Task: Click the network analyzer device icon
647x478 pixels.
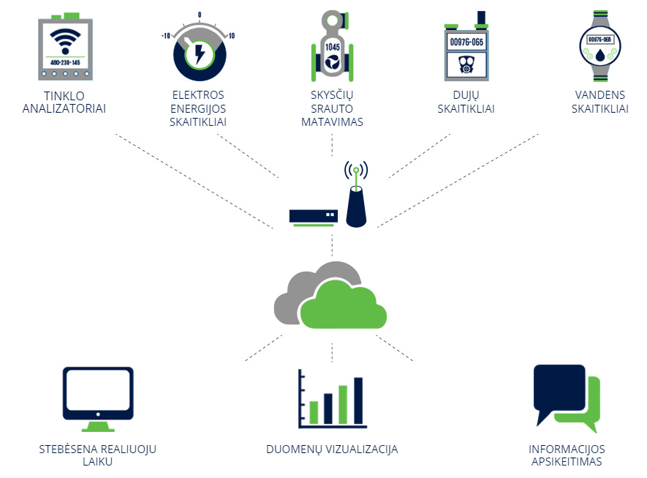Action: pyautogui.click(x=65, y=46)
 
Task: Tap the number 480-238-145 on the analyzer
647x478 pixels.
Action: pyautogui.click(x=65, y=62)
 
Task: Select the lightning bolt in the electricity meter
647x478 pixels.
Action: pyautogui.click(x=200, y=53)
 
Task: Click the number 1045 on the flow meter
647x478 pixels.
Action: pyautogui.click(x=332, y=47)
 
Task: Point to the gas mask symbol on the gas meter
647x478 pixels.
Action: pyautogui.click(x=466, y=64)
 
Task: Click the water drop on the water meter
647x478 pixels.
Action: pyautogui.click(x=600, y=54)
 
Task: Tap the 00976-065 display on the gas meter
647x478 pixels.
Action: pyautogui.click(x=466, y=42)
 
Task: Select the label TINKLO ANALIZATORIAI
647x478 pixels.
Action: pyautogui.click(x=64, y=102)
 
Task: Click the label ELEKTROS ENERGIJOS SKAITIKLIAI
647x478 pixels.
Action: pyautogui.click(x=198, y=108)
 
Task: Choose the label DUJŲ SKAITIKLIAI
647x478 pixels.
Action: pyautogui.click(x=466, y=102)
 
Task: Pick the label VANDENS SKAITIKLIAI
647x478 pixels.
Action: pyautogui.click(x=600, y=102)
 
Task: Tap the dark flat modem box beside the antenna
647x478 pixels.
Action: pyautogui.click(x=314, y=216)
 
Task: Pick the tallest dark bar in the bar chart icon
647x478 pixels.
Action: pyautogui.click(x=358, y=400)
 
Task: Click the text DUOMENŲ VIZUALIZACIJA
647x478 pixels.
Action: pyautogui.click(x=332, y=449)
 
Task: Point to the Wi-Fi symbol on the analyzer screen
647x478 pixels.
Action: pyautogui.click(x=65, y=41)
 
